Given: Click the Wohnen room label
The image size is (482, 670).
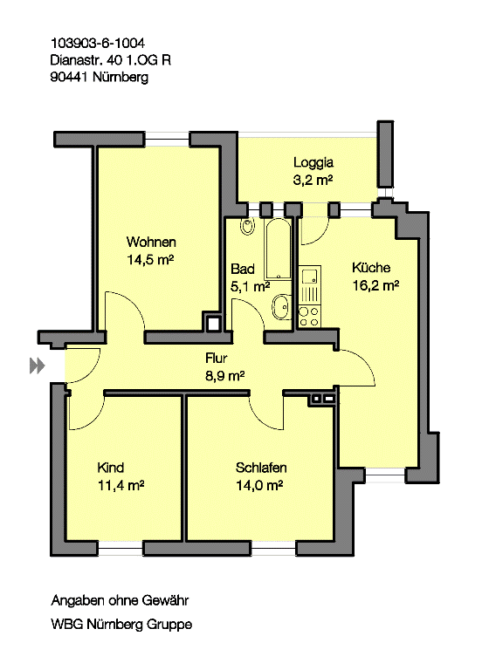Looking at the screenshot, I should (x=152, y=242).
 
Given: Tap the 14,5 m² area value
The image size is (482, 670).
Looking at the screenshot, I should (x=152, y=259).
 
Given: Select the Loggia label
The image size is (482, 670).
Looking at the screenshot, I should (x=313, y=162).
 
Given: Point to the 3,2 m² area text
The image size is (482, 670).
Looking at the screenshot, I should (x=313, y=180).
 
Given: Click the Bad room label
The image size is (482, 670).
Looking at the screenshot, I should (x=242, y=269).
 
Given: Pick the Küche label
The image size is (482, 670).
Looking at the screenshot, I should (x=371, y=268).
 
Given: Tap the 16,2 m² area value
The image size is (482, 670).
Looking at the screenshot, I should (x=375, y=285).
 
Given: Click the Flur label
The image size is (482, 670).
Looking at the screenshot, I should (x=217, y=358).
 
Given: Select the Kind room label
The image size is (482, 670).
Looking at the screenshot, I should (x=111, y=468).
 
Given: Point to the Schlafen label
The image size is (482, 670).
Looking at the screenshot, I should (x=261, y=468).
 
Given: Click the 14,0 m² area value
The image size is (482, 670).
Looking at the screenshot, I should (x=258, y=485).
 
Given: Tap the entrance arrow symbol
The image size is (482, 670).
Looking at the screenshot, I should (x=36, y=366).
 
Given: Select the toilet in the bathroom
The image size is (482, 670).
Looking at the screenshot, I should (x=247, y=228).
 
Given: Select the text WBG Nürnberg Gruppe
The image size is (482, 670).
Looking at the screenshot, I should (x=121, y=625).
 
